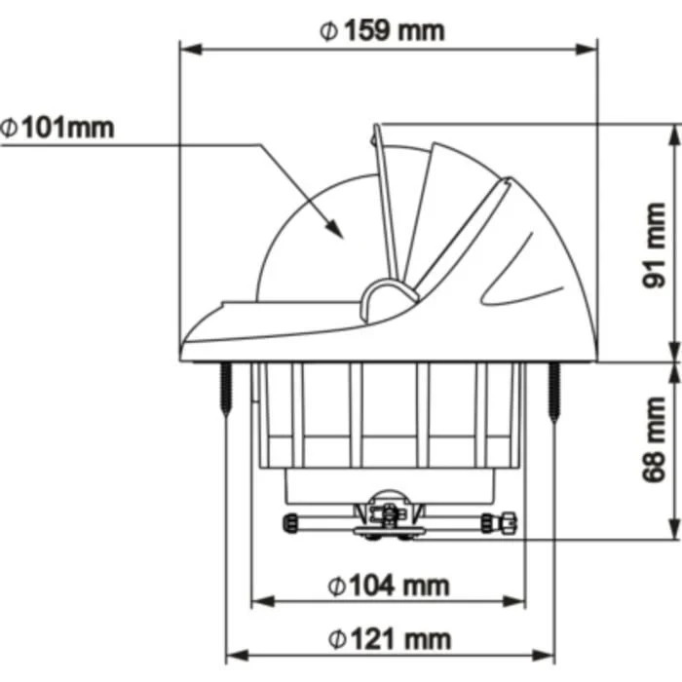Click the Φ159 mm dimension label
pos(382,29)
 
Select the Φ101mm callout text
pos(57,127)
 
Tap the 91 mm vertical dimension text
pos(656,246)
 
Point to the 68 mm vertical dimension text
pos(656,439)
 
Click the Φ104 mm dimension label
pos(389,585)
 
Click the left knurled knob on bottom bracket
pos(291,523)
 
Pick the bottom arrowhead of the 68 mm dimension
pos(672,531)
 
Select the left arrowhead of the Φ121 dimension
pos(235,656)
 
